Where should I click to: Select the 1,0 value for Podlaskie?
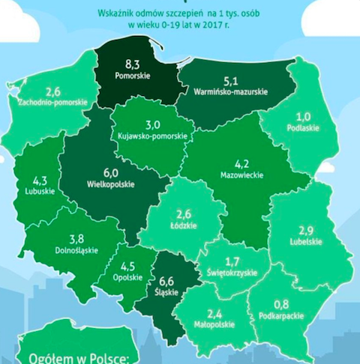pos(302,118)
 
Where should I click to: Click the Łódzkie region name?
pos(185,224)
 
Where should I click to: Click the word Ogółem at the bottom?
pos(50,354)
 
